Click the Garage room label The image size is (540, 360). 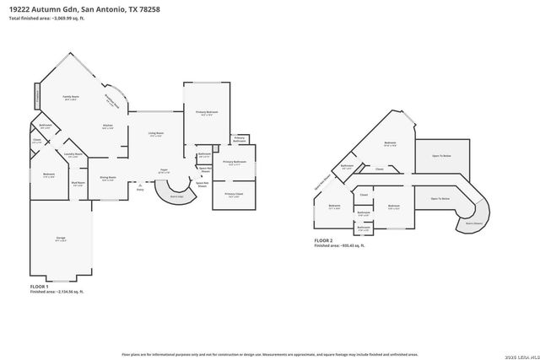pos(62,239)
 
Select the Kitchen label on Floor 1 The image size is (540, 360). pos(107,126)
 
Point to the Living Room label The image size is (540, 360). pos(156,134)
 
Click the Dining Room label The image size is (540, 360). pos(107,178)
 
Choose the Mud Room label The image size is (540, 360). pos(78,183)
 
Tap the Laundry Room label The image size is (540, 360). pos(73,155)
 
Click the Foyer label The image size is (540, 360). pos(165,171)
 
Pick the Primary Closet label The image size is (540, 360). pos(233,195)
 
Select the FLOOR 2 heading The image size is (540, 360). pos(324,240)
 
